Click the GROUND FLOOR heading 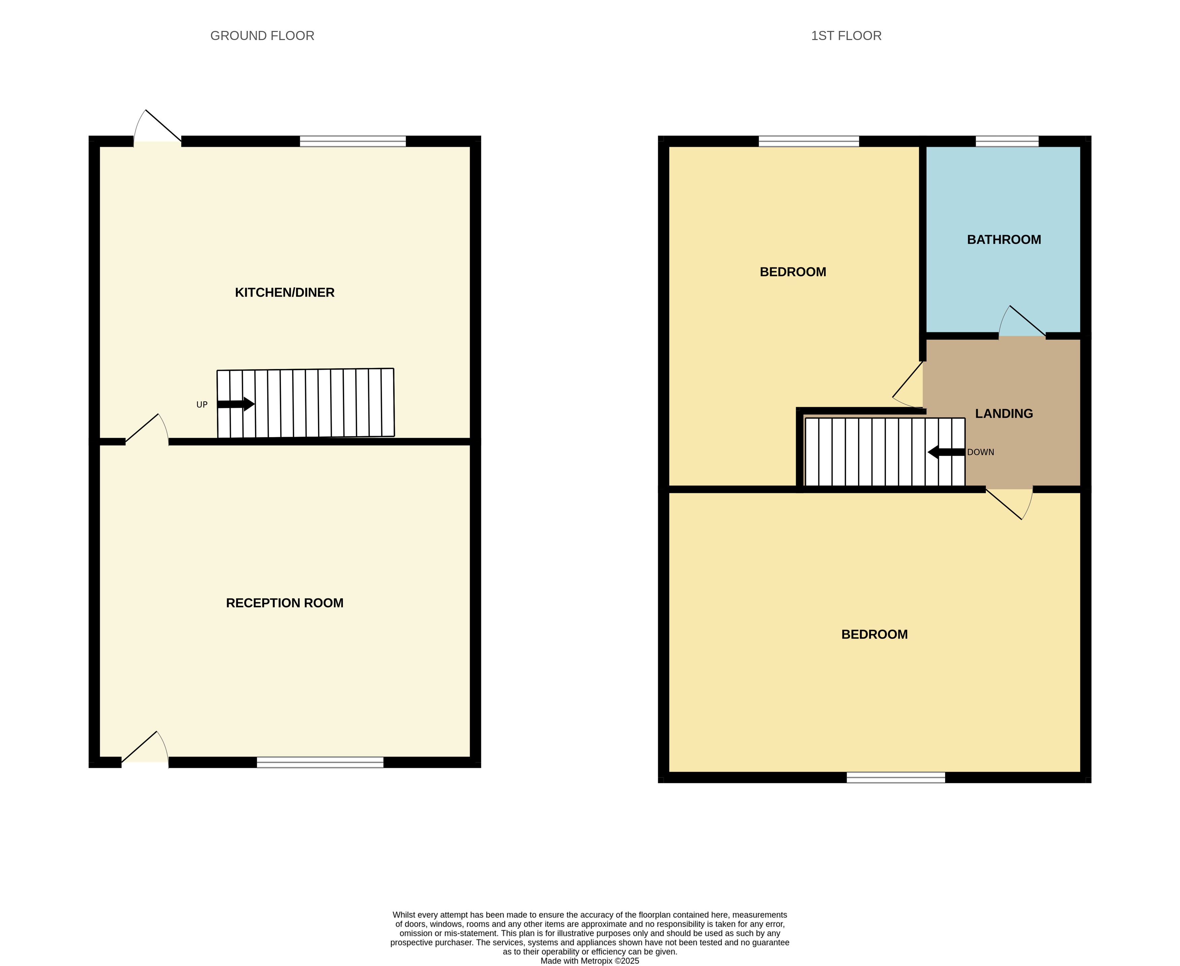tap(262, 36)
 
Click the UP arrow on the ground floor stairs tap(236, 404)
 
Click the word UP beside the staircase tap(202, 404)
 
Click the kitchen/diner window tap(353, 141)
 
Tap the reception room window tap(320, 762)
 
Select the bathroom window tap(1007, 141)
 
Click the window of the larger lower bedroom tap(896, 777)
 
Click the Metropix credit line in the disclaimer tap(590, 960)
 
